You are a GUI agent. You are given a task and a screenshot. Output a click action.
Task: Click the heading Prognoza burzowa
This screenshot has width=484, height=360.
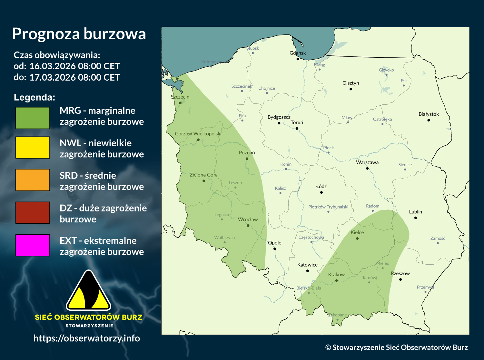pyautogui.click(x=79, y=34)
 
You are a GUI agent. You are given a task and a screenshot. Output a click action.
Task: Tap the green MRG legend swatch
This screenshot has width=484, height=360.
pyautogui.click(x=33, y=118)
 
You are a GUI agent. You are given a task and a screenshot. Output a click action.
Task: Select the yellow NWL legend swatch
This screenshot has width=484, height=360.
pyautogui.click(x=33, y=147)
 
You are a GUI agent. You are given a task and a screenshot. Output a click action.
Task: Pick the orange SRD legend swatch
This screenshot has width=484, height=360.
pyautogui.click(x=33, y=180)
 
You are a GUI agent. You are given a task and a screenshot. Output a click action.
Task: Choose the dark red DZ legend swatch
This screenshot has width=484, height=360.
pyautogui.click(x=33, y=212)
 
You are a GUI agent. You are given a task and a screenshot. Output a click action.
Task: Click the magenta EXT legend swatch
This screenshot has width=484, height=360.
pyautogui.click(x=33, y=245)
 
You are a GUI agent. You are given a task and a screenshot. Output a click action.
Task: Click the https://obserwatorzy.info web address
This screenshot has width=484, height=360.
pyautogui.click(x=87, y=338)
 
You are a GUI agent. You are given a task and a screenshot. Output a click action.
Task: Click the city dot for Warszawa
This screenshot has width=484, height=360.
pyautogui.click(x=367, y=168)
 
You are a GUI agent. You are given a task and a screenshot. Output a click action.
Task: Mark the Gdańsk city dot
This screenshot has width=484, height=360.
pyautogui.click(x=298, y=59)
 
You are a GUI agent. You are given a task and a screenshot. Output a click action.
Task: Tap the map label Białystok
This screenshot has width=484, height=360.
pyautogui.click(x=429, y=114)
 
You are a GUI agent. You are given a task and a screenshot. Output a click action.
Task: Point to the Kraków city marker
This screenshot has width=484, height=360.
pyautogui.click(x=336, y=281)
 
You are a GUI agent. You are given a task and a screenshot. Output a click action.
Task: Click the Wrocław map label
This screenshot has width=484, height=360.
pyautogui.click(x=248, y=219)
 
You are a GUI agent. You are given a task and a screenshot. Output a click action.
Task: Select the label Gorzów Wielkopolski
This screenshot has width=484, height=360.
pyautogui.click(x=198, y=133)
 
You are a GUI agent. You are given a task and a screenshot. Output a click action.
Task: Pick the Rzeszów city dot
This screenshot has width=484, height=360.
pyautogui.click(x=400, y=279)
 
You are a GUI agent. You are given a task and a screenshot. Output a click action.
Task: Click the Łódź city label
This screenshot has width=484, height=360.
pyautogui.click(x=321, y=186)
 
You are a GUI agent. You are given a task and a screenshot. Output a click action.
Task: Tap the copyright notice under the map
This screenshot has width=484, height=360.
pyautogui.click(x=396, y=347)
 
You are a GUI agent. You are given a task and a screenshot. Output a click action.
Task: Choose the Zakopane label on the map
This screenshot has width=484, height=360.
pyautogui.click(x=337, y=315)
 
